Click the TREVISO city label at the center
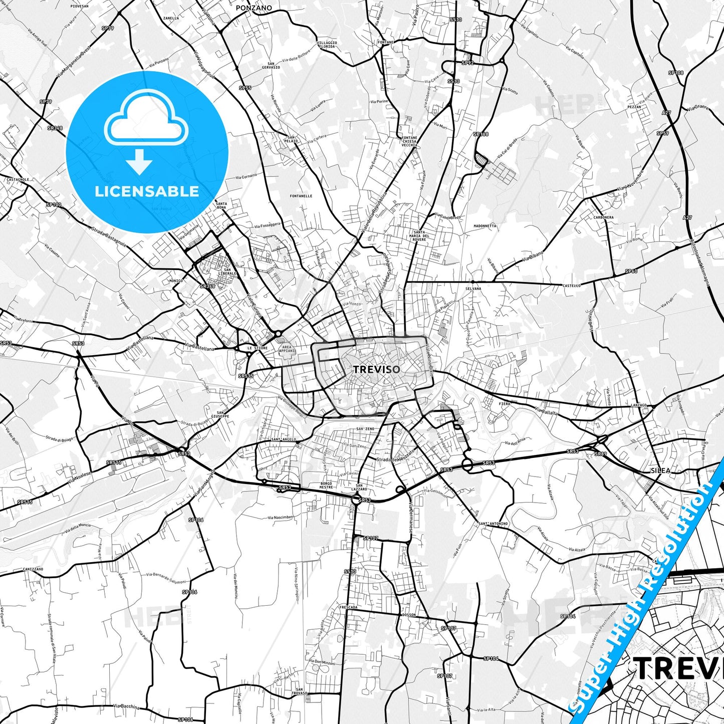[x=377, y=370]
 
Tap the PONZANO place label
[x=254, y=8]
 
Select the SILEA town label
[x=660, y=470]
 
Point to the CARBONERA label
[x=603, y=217]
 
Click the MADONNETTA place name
[x=485, y=226]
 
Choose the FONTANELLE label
[x=301, y=196]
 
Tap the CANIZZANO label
[x=33, y=569]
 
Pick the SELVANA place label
[x=473, y=289]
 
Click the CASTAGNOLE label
[x=18, y=179]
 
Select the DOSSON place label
[x=409, y=615]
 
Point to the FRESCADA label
[x=348, y=607]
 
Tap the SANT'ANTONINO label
[x=493, y=524]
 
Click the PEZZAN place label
[x=634, y=107]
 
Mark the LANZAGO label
[x=639, y=405]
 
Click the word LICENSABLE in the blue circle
[x=147, y=191]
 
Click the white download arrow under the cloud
[x=139, y=162]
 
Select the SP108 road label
[x=676, y=73]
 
